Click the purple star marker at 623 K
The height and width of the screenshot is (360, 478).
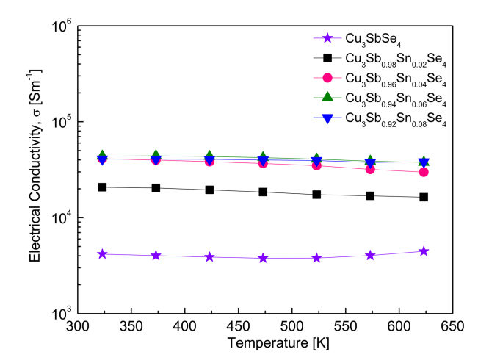[x=424, y=251]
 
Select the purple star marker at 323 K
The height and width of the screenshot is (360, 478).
[x=102, y=254]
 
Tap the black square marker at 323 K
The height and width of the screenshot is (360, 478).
[x=102, y=187]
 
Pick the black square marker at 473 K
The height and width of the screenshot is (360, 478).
[x=263, y=192]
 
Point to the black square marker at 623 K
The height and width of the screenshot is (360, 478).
[x=424, y=197]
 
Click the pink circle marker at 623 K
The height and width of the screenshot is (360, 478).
[x=424, y=172]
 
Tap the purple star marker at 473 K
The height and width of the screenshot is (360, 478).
[x=263, y=258]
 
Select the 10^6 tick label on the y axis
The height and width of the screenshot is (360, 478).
[x=59, y=26]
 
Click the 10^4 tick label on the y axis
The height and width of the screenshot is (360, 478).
[x=59, y=218]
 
